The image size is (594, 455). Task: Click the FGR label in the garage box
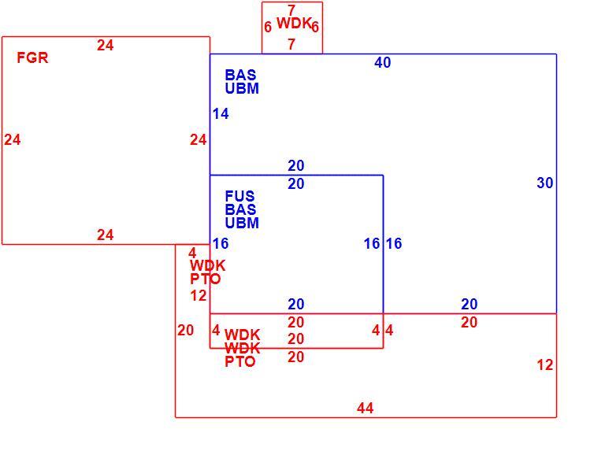32,58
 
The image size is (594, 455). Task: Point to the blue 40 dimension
383,62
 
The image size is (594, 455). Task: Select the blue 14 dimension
221,113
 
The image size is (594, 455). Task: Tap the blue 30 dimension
544,183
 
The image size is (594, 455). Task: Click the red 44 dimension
366,408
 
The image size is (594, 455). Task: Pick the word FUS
239,196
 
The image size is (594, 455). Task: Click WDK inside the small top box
294,23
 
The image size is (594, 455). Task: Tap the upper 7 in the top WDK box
291,10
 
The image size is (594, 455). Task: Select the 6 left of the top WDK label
268,27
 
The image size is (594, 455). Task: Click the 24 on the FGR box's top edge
106,46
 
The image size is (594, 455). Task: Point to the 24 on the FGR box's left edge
13,140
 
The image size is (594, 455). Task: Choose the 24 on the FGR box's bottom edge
106,235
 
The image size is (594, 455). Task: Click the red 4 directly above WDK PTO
192,253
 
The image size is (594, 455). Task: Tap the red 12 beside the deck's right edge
544,365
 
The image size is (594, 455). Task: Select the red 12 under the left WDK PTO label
199,296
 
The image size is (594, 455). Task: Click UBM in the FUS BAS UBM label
242,223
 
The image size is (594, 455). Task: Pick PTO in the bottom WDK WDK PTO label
239,361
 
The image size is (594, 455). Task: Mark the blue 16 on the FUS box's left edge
221,243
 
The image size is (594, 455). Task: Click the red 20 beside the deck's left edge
186,331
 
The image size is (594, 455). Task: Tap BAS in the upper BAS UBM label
240,75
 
